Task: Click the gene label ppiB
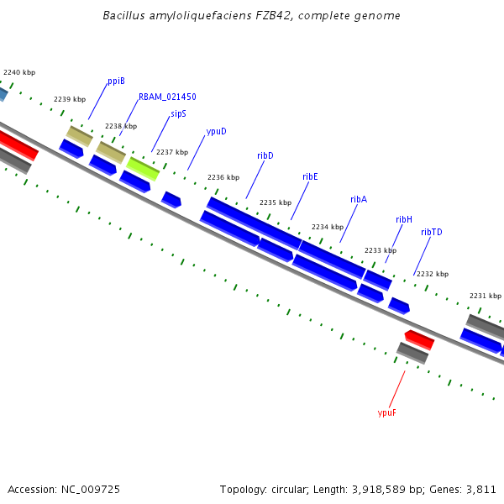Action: (x=116, y=81)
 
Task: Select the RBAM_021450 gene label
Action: (x=167, y=97)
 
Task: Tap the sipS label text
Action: (x=178, y=113)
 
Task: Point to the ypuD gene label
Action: (x=216, y=131)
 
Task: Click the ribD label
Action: (x=265, y=155)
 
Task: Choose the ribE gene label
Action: (x=310, y=176)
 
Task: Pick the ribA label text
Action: (x=359, y=199)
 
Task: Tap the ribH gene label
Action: (x=404, y=219)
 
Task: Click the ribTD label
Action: (x=432, y=232)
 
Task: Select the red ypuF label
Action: (x=387, y=412)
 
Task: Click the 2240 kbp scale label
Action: (x=19, y=73)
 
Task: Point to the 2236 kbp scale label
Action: (x=223, y=177)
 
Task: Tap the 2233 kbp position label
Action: (x=381, y=250)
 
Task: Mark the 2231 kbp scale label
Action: (x=485, y=296)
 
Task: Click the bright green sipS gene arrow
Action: (x=143, y=168)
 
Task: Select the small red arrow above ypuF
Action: (x=419, y=339)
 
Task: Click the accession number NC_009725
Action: (x=92, y=489)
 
